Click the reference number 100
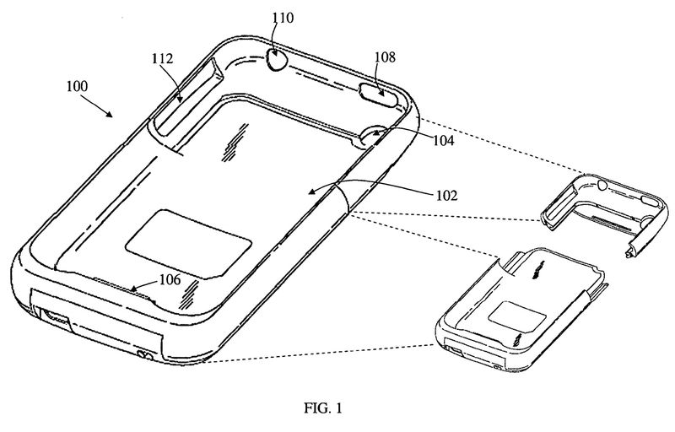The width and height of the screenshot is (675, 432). (76, 87)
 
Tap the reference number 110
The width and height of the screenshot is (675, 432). (282, 17)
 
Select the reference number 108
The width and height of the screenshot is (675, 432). (384, 57)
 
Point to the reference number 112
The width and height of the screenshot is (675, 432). (163, 59)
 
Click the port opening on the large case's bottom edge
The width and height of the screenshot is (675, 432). (56, 318)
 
